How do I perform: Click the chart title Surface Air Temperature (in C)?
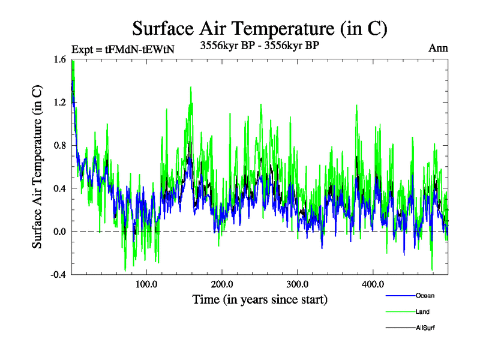tap(259, 28)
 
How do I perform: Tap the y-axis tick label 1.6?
tap(59, 59)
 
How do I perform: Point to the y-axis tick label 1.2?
tap(59, 103)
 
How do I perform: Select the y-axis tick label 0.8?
tap(59, 145)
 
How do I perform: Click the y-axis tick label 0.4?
tap(59, 188)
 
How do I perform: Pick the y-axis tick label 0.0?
tap(59, 232)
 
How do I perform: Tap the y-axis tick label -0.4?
tap(57, 275)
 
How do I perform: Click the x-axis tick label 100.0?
tap(146, 284)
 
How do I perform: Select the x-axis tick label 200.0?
tap(222, 284)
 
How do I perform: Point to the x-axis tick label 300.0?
tap(298, 284)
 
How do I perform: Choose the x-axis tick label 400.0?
tap(373, 284)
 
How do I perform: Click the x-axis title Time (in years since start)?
tap(260, 299)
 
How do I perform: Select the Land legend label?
tap(422, 312)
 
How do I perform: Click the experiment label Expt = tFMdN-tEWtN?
tap(122, 50)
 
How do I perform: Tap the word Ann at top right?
tap(438, 48)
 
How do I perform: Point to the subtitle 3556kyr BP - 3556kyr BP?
tap(259, 45)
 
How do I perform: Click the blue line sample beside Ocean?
tap(399, 296)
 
